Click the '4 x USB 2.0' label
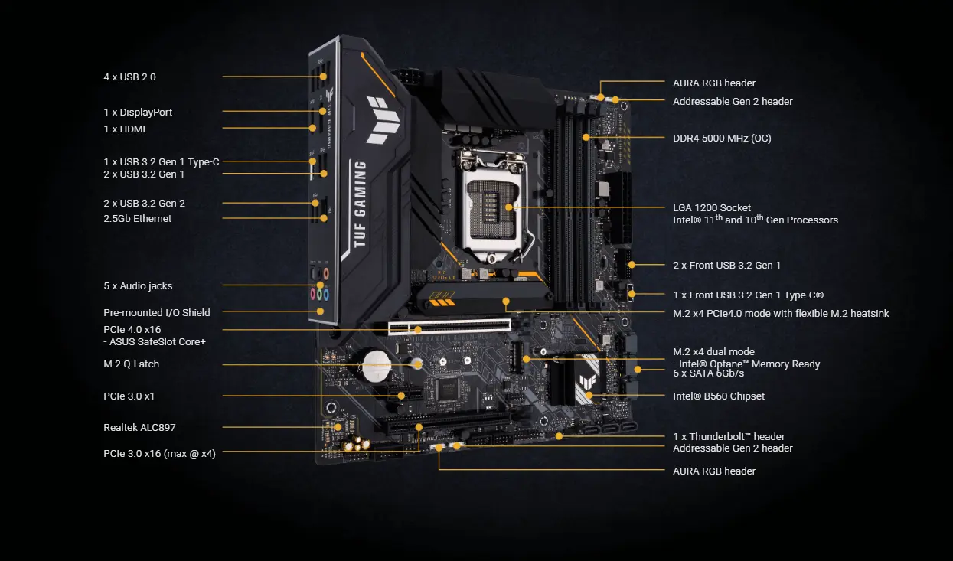point(129,77)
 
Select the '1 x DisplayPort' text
point(138,113)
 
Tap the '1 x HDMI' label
point(124,129)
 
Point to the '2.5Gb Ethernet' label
point(137,219)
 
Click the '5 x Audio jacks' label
point(138,286)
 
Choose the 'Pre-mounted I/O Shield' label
point(156,313)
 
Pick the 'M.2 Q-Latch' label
point(131,364)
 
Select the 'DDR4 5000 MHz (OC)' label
point(721,139)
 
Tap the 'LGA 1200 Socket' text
point(711,208)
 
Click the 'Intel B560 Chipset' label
point(718,396)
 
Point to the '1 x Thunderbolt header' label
point(728,437)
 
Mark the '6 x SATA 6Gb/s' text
point(708,373)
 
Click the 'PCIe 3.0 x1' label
point(129,396)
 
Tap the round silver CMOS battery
point(377,366)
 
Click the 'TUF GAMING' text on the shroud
point(360,202)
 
